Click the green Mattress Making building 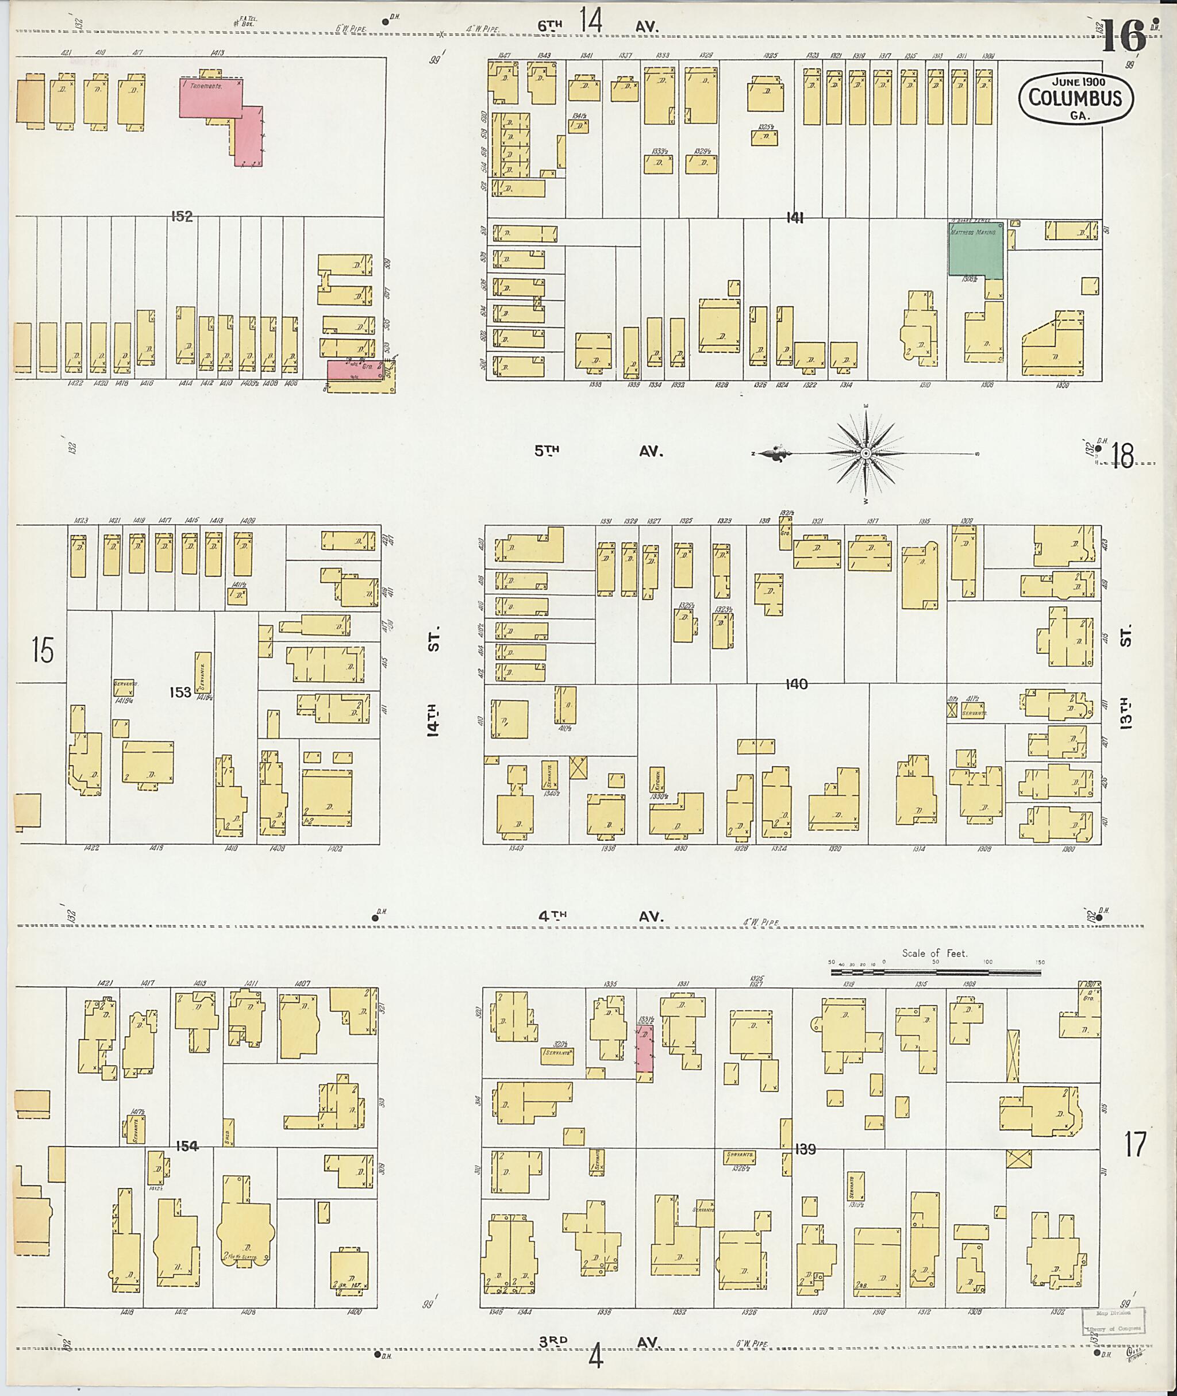[975, 249]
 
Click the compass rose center [866, 454]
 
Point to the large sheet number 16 [1124, 36]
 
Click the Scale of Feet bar [936, 972]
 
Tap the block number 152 [182, 216]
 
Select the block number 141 [794, 218]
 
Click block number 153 [180, 692]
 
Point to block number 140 [796, 684]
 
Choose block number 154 [187, 1146]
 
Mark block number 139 [805, 1149]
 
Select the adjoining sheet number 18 [1123, 456]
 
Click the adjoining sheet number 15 [43, 650]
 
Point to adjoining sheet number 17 [1134, 1145]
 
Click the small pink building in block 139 [644, 1049]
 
